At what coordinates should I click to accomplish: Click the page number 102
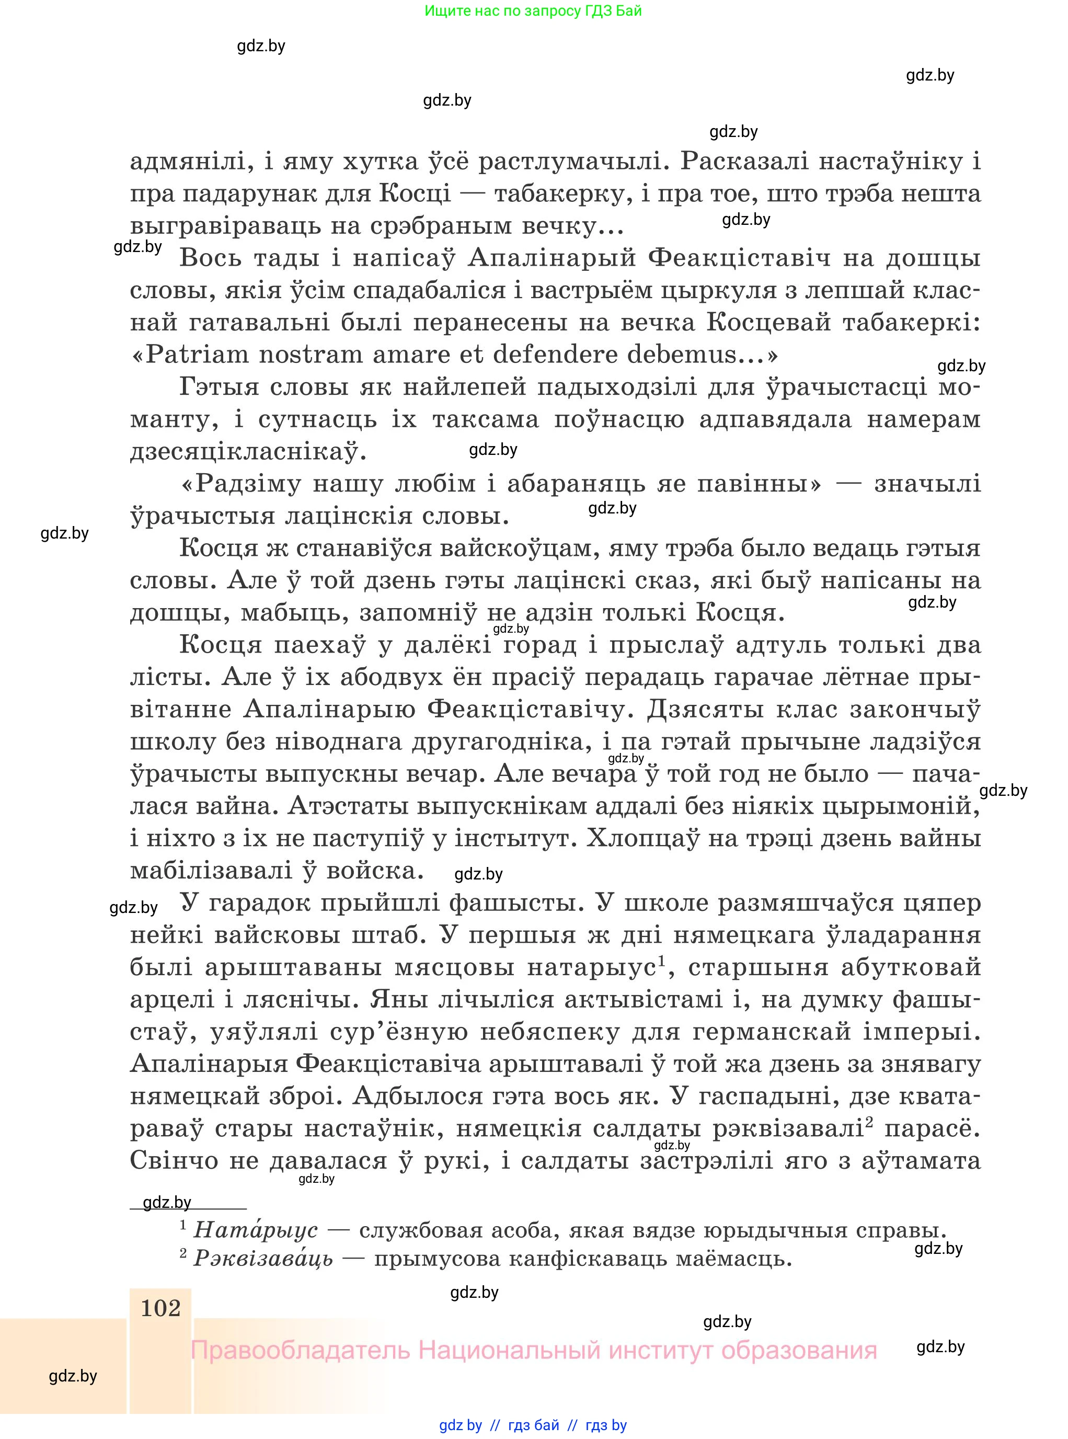(x=160, y=1308)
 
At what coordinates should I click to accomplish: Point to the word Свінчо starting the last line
(x=174, y=1160)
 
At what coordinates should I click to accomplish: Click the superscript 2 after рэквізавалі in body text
(x=869, y=1122)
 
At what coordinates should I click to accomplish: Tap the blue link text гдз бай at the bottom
(x=533, y=1425)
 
